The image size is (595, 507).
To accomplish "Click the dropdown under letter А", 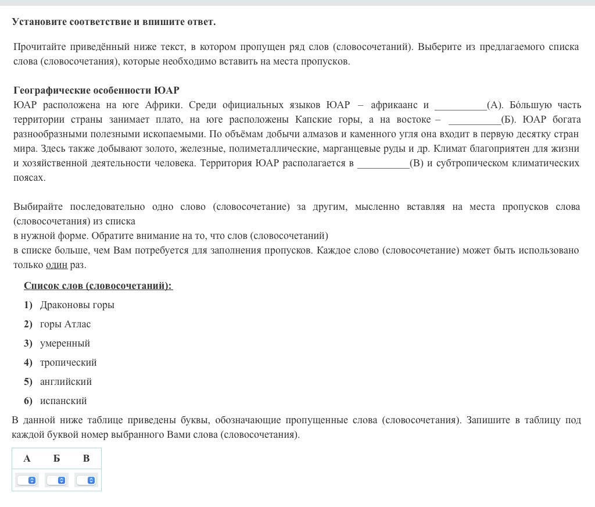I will [x=27, y=480].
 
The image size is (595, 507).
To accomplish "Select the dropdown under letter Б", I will [x=56, y=480].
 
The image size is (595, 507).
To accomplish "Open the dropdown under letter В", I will [x=86, y=480].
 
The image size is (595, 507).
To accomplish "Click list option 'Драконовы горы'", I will [x=77, y=305].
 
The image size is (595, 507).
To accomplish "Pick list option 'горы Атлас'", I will [x=65, y=324].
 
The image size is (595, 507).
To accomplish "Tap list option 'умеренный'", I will [x=64, y=344].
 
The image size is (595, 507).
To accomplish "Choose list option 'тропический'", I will [x=68, y=363].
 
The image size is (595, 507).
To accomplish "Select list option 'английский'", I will [x=66, y=382].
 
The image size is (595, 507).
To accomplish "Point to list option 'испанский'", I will [x=63, y=401].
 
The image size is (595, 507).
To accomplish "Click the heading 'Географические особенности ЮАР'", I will [x=96, y=91].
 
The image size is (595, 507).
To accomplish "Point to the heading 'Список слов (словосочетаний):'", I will [x=98, y=286].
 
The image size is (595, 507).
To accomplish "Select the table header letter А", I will [x=27, y=459].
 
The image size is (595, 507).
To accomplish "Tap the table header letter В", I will [x=86, y=459].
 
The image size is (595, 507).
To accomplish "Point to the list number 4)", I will [x=28, y=363].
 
